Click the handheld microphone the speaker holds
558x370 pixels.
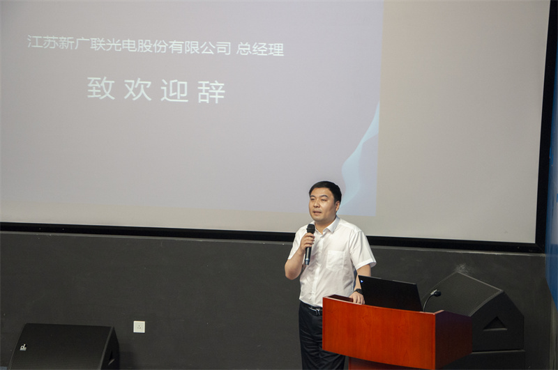(x=309, y=244)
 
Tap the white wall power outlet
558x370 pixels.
(x=139, y=327)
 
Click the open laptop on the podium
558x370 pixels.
(x=390, y=293)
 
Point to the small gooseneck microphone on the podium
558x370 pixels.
(x=431, y=300)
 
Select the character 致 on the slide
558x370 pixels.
(x=101, y=88)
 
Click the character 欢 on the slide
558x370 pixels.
(x=137, y=89)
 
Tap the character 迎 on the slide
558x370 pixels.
(x=174, y=91)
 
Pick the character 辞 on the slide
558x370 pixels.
(x=211, y=92)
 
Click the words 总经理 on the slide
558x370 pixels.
(x=260, y=49)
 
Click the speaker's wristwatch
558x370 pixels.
(x=359, y=291)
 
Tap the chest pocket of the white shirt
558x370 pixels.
(x=335, y=261)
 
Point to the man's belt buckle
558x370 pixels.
(x=315, y=311)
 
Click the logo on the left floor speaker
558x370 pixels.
(x=24, y=347)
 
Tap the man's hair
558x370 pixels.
(x=326, y=190)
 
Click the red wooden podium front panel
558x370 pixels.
(x=378, y=333)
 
